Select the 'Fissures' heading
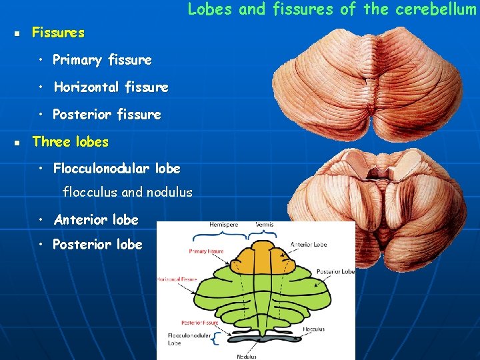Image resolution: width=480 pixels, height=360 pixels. (x=59, y=33)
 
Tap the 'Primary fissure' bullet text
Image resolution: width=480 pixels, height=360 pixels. (x=102, y=60)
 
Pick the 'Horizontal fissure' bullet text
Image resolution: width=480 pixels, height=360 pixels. (x=111, y=87)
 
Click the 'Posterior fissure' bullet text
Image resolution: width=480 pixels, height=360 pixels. (x=107, y=115)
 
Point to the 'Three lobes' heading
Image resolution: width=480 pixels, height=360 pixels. (x=70, y=142)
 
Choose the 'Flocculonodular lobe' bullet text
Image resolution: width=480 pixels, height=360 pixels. (x=117, y=169)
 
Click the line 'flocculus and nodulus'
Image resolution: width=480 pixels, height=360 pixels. (x=127, y=193)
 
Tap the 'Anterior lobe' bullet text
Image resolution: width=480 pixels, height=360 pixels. (x=96, y=220)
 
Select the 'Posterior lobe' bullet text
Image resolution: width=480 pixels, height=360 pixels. (x=97, y=245)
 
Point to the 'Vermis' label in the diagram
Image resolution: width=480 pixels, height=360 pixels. (x=265, y=225)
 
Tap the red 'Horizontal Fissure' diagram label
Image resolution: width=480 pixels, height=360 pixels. (x=176, y=280)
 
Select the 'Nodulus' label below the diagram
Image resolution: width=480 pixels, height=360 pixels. (x=246, y=357)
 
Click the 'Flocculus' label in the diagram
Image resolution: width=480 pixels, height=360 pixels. (x=313, y=329)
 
